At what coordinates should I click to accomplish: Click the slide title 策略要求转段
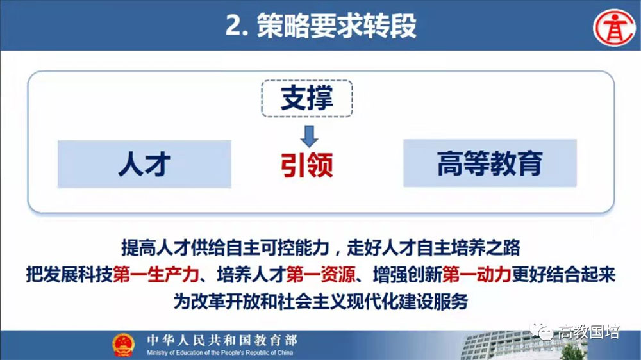337,26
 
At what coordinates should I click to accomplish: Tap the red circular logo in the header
614,28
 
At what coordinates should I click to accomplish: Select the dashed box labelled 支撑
307,99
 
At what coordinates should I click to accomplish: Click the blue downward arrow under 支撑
309,136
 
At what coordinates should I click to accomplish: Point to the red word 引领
307,165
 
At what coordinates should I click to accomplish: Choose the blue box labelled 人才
144,164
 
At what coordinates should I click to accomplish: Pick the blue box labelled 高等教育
490,163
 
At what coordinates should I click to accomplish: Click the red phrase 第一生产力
156,275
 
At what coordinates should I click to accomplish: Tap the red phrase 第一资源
321,275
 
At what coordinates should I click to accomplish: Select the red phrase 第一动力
477,275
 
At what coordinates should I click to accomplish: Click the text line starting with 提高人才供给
320,248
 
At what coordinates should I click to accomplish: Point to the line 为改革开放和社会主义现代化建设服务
320,302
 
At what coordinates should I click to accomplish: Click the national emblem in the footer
124,345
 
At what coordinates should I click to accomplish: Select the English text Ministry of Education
220,353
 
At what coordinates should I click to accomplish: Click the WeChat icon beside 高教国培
541,331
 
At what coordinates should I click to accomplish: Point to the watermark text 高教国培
589,332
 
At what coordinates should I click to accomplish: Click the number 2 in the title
234,26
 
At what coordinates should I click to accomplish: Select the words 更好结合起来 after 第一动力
563,275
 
